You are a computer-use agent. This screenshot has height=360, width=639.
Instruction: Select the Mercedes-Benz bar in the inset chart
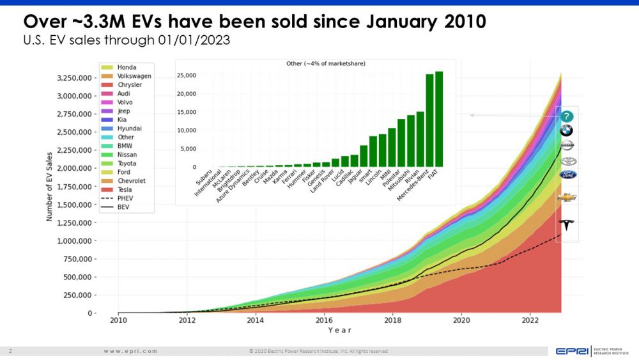[x=429, y=121]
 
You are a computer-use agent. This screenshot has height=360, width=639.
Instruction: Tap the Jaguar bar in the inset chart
[x=364, y=156]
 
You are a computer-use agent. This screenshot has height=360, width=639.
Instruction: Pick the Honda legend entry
[x=127, y=67]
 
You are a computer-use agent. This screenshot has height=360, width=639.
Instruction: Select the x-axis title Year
[x=339, y=330]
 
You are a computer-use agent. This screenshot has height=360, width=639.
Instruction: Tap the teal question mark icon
[x=567, y=116]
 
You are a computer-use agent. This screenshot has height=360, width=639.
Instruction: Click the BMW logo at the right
[x=566, y=131]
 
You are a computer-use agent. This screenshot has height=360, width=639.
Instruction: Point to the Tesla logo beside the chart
[x=567, y=224]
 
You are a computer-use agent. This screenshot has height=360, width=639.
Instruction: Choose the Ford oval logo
[x=567, y=175]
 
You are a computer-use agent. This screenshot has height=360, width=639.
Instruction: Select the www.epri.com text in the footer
[x=130, y=351]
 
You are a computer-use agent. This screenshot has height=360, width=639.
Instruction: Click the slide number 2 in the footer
[x=11, y=351]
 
